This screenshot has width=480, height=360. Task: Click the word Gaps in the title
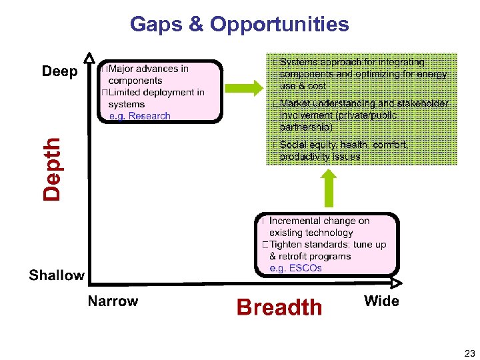(x=155, y=25)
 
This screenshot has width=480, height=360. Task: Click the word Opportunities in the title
(x=279, y=25)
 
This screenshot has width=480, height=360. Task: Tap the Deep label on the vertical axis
(x=60, y=71)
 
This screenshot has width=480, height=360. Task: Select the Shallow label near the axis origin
(x=57, y=275)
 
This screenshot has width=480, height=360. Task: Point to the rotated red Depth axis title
(x=52, y=168)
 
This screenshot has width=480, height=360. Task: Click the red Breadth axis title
(x=279, y=307)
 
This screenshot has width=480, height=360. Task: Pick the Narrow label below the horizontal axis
(x=113, y=301)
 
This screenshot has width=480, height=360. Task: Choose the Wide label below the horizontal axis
(x=381, y=301)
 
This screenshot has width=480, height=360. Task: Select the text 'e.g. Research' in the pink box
(x=140, y=115)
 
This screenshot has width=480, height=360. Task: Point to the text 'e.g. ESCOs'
(x=295, y=268)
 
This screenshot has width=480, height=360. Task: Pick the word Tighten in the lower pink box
(x=287, y=245)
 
